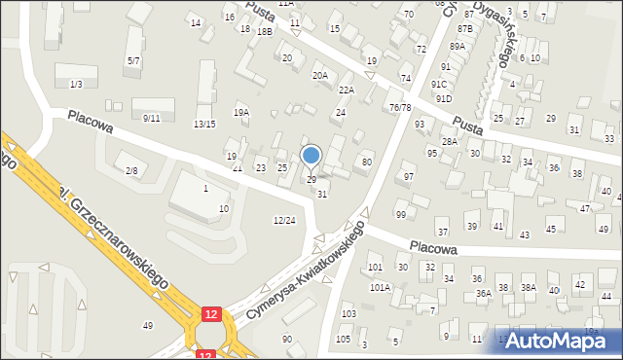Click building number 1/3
76,85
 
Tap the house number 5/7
133,61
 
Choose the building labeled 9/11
151,118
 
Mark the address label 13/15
204,124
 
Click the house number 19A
240,113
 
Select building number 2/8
131,171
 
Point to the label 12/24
283,221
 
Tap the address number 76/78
400,107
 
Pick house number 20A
319,75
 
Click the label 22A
346,90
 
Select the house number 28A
449,142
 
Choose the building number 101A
380,287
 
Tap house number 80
367,162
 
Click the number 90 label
286,339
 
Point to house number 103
348,314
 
